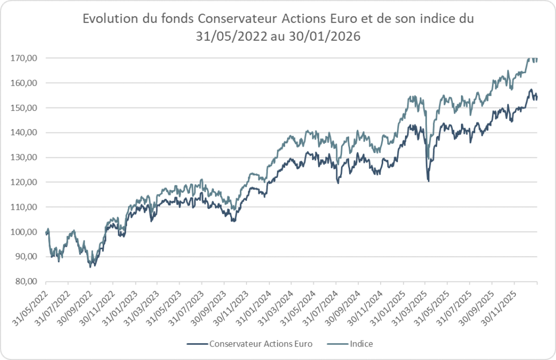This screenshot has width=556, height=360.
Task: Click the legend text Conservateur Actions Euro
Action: point(253,344)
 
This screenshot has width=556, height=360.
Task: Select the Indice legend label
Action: point(362,344)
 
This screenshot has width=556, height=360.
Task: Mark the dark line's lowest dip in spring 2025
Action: point(428,181)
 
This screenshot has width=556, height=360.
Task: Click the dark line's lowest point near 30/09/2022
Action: point(91,267)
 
